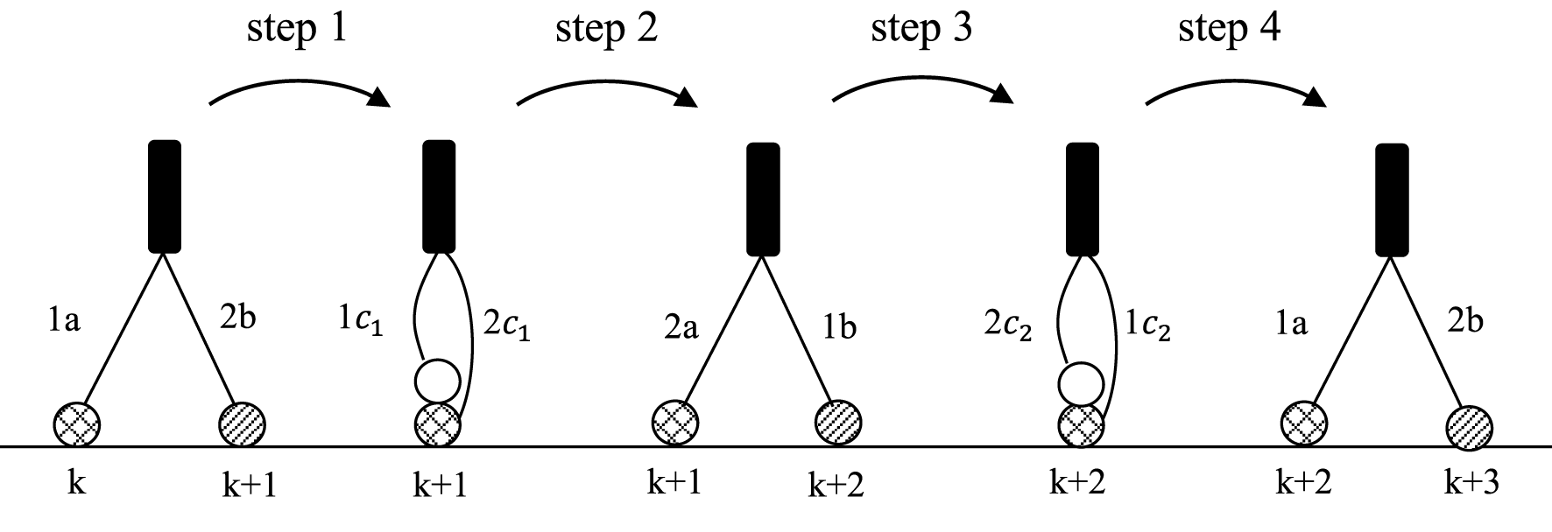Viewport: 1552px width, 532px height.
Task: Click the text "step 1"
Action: [297, 30]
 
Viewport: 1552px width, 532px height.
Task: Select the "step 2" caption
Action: [606, 30]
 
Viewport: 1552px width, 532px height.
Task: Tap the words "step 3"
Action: [921, 30]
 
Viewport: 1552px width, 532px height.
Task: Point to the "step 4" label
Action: [1229, 30]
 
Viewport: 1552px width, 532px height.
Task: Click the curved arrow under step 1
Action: [298, 85]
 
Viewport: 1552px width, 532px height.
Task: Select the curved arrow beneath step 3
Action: [921, 85]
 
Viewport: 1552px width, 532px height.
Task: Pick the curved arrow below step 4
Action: [1235, 85]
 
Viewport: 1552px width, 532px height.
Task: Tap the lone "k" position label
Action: [76, 482]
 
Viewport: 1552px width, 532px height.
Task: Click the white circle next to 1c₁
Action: [437, 381]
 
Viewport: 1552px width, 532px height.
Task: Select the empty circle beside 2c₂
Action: [1080, 383]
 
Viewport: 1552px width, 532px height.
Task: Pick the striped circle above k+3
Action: [1468, 428]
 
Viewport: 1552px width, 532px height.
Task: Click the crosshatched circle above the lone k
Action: [76, 425]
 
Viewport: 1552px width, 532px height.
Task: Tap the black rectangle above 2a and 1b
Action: [762, 199]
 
